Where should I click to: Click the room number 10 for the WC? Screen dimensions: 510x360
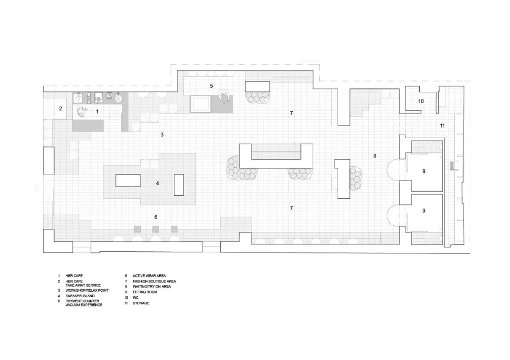(421, 101)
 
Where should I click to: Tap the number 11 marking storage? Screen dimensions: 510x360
(442, 125)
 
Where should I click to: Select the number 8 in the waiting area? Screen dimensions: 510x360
(375, 156)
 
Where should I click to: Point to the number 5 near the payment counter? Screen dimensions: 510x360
(212, 86)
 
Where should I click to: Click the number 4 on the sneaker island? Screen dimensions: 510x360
(158, 184)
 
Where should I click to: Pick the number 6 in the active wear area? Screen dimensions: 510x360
(156, 217)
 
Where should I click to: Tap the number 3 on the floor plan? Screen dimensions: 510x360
(162, 135)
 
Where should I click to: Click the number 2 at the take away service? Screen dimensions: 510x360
(61, 109)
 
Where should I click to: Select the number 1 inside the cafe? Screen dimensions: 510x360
(97, 112)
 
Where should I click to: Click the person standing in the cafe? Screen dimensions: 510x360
(82, 112)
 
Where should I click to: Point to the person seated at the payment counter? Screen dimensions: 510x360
(224, 96)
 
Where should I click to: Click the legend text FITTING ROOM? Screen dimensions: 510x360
(145, 292)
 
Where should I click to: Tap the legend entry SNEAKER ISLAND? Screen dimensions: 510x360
(80, 296)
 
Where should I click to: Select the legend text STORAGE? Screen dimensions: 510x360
(141, 303)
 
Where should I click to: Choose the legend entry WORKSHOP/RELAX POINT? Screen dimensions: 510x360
(87, 291)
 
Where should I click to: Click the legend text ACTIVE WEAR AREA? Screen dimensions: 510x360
(149, 276)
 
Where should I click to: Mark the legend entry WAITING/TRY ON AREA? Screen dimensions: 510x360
(151, 287)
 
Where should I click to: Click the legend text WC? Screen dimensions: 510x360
(135, 298)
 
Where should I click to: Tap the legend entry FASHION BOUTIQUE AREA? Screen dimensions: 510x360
(154, 281)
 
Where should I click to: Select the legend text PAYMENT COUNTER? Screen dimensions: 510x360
(82, 301)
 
